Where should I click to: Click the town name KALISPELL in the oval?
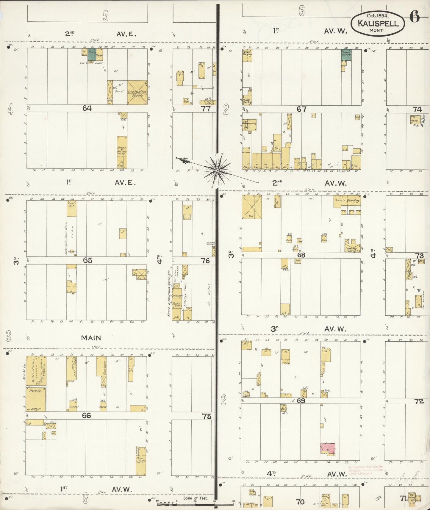tap(378, 24)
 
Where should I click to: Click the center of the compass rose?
tap(217, 170)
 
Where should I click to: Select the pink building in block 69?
tap(327, 449)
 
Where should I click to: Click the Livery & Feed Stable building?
tap(137, 92)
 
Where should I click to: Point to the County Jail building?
tap(72, 208)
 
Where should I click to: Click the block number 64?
tap(87, 108)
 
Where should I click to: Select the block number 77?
tap(206, 109)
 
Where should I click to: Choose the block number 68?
tap(301, 255)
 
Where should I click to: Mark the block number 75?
tap(207, 416)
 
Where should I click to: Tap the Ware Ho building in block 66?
tap(36, 399)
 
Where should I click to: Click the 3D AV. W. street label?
tap(308, 329)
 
